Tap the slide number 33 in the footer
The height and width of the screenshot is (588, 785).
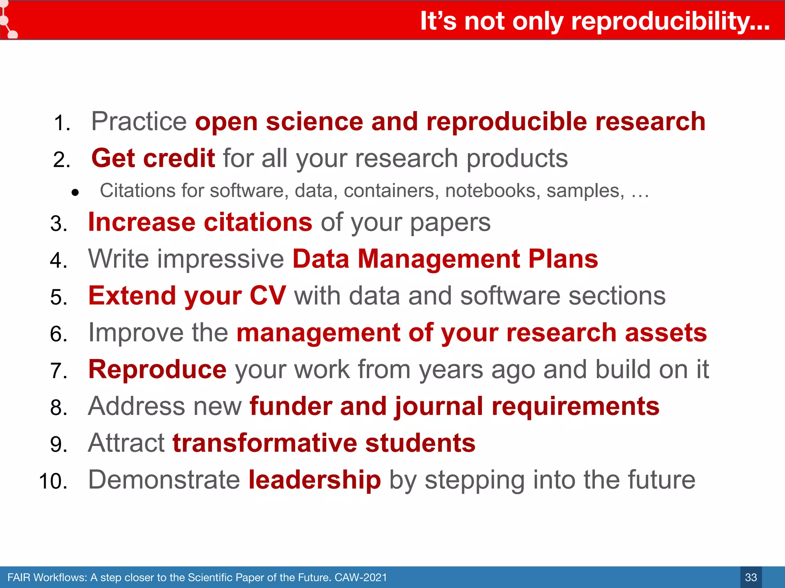point(751,577)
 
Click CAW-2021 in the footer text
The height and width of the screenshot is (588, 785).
point(361,577)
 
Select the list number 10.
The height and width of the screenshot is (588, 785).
point(53,481)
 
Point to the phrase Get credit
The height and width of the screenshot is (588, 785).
point(153,158)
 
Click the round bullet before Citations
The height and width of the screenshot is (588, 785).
point(75,193)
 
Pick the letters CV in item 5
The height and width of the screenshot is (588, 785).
point(268,296)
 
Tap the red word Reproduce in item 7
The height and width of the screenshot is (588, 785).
point(157,369)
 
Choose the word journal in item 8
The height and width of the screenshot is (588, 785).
point(439,407)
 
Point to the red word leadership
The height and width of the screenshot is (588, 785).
point(314,480)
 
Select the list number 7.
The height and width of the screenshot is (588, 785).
point(59,371)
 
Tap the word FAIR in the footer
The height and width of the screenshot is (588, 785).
point(18,577)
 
